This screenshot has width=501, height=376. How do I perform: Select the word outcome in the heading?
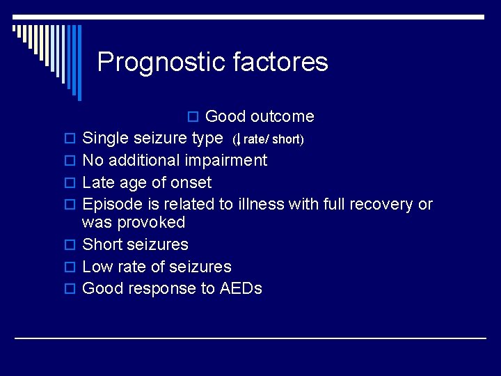[282, 116]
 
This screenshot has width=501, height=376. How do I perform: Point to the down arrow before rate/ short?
[239, 139]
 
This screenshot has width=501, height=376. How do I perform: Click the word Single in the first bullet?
[105, 139]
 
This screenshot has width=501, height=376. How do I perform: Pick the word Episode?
[110, 205]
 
